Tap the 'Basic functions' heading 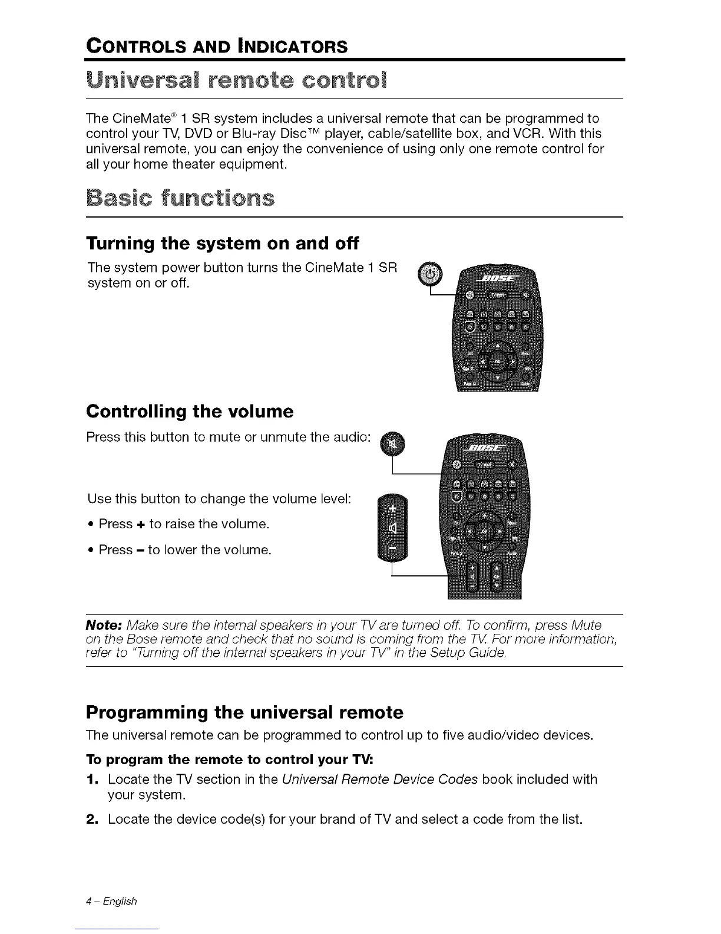coord(180,198)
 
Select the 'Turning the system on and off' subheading coord(222,243)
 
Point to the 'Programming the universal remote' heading coord(244,712)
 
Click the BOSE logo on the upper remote coord(498,278)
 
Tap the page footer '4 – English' coord(111,901)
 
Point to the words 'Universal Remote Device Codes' coord(379,780)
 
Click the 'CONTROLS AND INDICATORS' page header coord(216,45)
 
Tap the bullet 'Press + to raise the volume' coord(184,524)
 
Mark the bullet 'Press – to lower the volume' coord(185,550)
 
